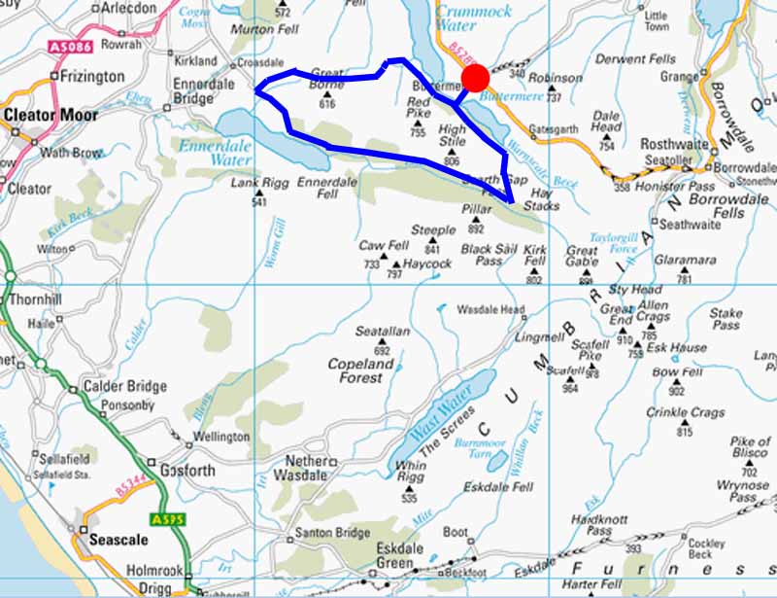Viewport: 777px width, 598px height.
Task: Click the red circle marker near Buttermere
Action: click(474, 78)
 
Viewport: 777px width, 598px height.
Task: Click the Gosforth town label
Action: click(181, 471)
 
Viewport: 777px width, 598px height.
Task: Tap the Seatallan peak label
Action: click(381, 334)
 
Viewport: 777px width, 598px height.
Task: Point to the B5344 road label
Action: click(129, 493)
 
